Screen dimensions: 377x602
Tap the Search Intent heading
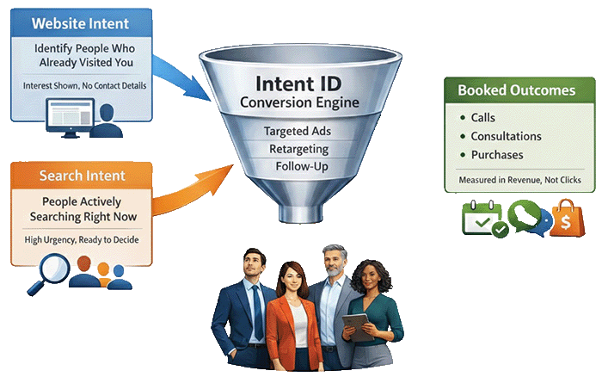tap(82, 176)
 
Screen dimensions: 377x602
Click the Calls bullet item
tap(482, 117)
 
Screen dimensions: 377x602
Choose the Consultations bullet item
tap(506, 136)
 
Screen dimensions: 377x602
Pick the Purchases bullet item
tap(495, 155)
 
